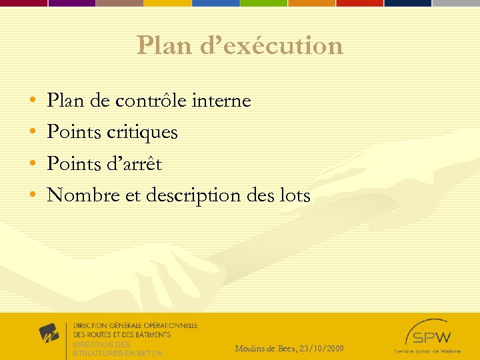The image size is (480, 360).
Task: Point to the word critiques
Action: pyautogui.click(x=141, y=132)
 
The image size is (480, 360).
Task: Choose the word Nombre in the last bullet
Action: pyautogui.click(x=79, y=195)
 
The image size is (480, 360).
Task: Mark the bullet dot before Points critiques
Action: pyautogui.click(x=33, y=133)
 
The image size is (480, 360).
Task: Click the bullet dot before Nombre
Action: pyautogui.click(x=33, y=196)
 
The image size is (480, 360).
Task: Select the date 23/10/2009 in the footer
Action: pyautogui.click(x=322, y=349)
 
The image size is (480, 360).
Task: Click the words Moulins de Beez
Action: pyautogui.click(x=265, y=349)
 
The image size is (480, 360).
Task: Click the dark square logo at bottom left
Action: pyautogui.click(x=49, y=333)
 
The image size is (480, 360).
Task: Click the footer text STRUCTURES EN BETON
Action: pyautogui.click(x=117, y=353)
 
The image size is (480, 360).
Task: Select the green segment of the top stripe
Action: pyautogui.click(x=263, y=3)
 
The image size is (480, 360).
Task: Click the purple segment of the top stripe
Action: pyautogui.click(x=71, y=3)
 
